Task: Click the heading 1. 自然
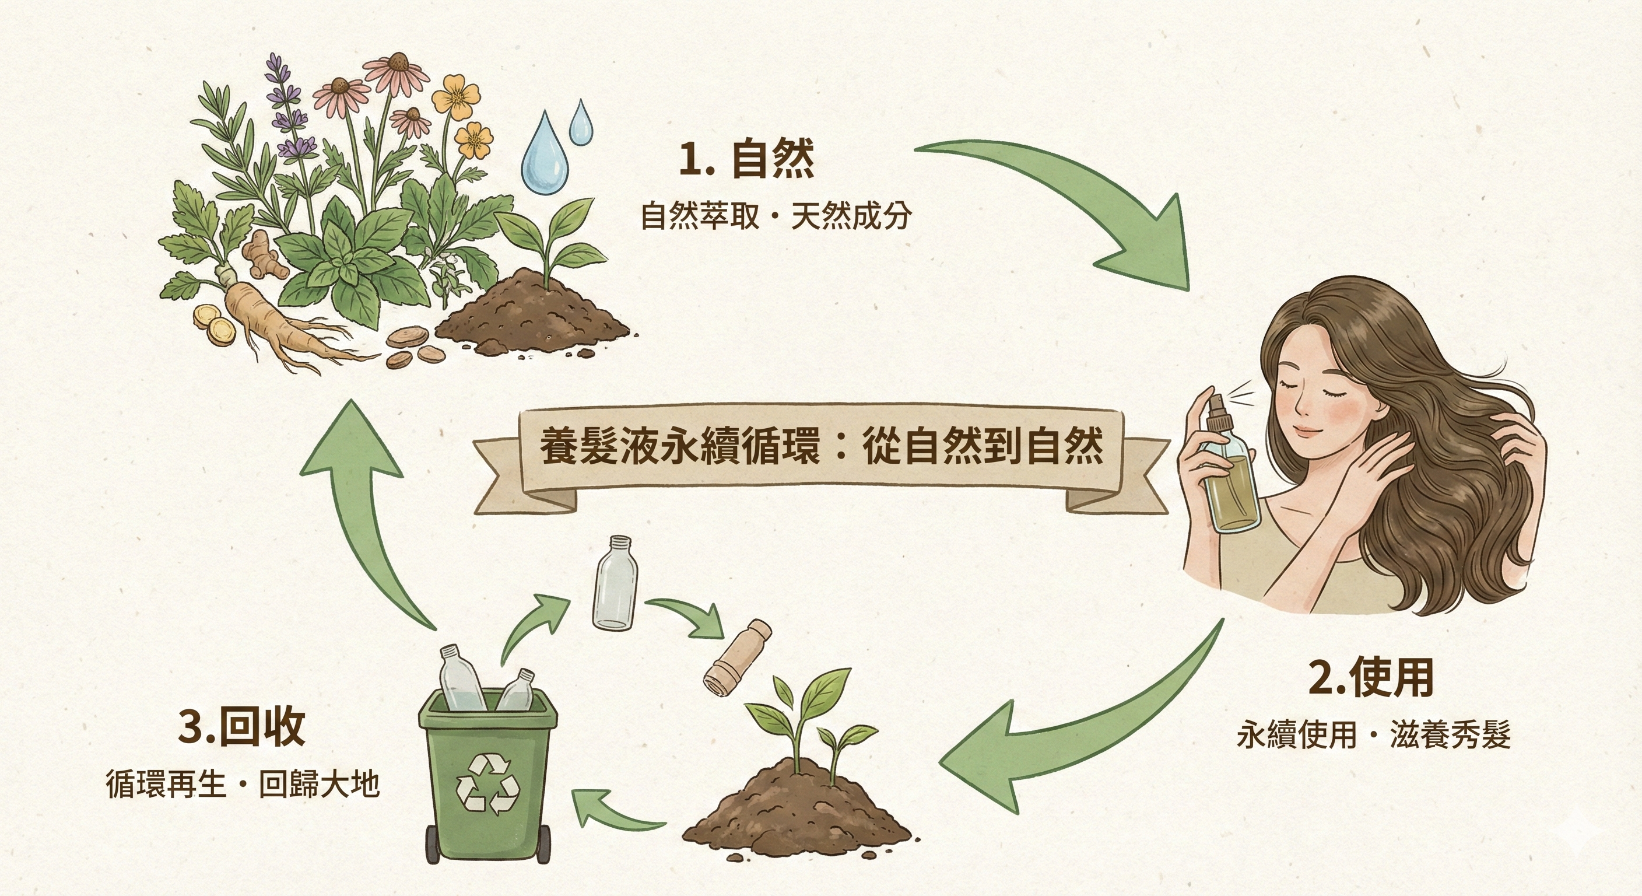pos(746,159)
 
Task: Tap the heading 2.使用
pos(1371,677)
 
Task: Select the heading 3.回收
pos(241,726)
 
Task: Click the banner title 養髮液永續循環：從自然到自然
pos(822,447)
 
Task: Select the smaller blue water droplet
pos(580,123)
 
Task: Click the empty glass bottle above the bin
pos(615,583)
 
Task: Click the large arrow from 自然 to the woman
pos(1083,204)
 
